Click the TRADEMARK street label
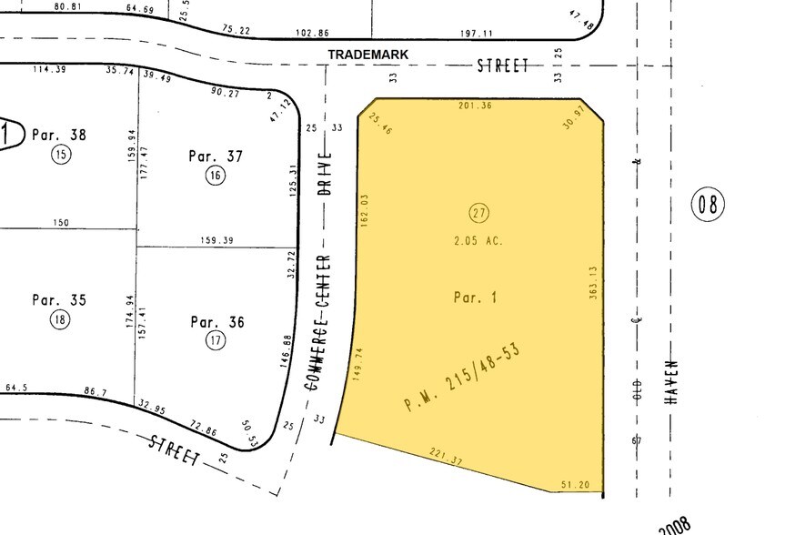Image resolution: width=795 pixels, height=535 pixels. tap(368, 56)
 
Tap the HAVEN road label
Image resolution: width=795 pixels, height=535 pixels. tap(674, 380)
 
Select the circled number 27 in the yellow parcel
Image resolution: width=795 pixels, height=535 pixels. tap(479, 214)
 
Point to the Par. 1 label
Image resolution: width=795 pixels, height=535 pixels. tap(475, 298)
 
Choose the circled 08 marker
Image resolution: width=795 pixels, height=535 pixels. tap(709, 204)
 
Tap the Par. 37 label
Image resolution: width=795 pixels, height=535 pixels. tap(216, 156)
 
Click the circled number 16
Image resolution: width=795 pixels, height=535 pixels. tap(215, 176)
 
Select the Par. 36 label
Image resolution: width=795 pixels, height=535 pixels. tap(216, 321)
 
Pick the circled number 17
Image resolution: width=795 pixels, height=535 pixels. tap(216, 341)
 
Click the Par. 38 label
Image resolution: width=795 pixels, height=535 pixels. tap(59, 135)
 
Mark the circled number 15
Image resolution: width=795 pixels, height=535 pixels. tap(60, 154)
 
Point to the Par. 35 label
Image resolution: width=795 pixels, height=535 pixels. tap(58, 299)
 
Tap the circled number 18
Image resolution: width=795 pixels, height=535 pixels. tap(60, 319)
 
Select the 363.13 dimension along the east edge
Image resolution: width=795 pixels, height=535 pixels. tap(593, 284)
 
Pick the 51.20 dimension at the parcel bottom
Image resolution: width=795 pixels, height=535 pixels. tap(576, 485)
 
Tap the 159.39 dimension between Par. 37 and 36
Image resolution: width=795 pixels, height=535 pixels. tap(216, 241)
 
